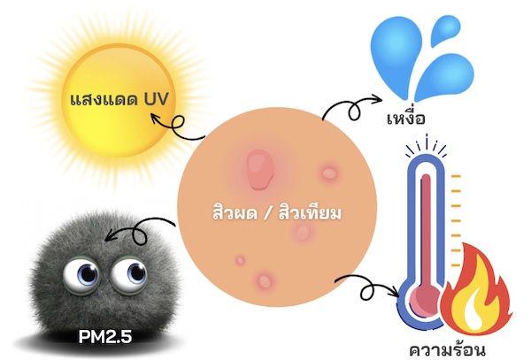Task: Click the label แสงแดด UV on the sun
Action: coord(119,99)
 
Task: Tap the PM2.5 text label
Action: coord(105,336)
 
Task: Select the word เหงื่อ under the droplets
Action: coord(406,117)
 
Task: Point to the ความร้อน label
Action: coord(447,349)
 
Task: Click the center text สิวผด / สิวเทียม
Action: coord(277,213)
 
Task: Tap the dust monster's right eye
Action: coord(129,273)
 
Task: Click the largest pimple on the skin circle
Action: coord(259,170)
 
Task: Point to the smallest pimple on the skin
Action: coord(240,260)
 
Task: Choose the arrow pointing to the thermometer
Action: coord(367,288)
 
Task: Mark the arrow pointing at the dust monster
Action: coord(139,231)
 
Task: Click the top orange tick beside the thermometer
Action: coord(456,176)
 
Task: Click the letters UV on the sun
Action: coord(156,99)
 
